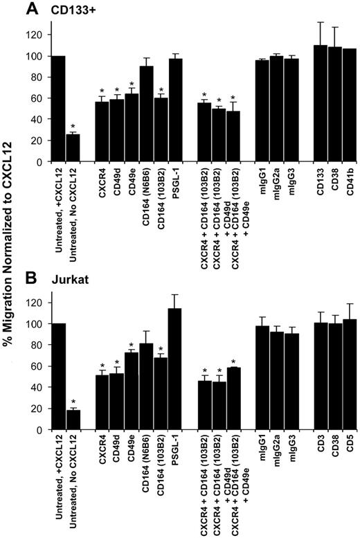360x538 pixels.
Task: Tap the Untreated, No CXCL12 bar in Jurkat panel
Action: (73, 420)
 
